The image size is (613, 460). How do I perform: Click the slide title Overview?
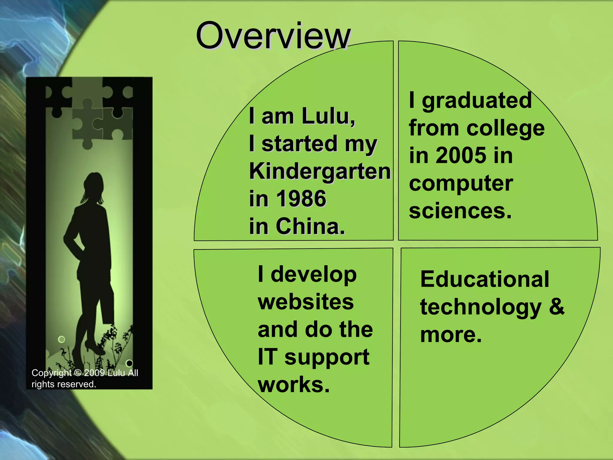pos(273,36)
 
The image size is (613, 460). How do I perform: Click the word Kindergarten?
pos(320,171)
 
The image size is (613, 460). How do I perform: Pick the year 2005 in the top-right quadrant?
pos(461,155)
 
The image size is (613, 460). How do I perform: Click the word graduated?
pos(477,100)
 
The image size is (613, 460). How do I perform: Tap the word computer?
pos(461,183)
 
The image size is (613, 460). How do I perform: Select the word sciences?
pos(460,211)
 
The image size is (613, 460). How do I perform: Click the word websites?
pos(306,302)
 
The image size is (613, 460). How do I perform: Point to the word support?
pos(327,357)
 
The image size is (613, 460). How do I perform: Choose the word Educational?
pos(485,279)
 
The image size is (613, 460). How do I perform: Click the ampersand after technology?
pos(556,307)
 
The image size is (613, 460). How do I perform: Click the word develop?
pos(313,274)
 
